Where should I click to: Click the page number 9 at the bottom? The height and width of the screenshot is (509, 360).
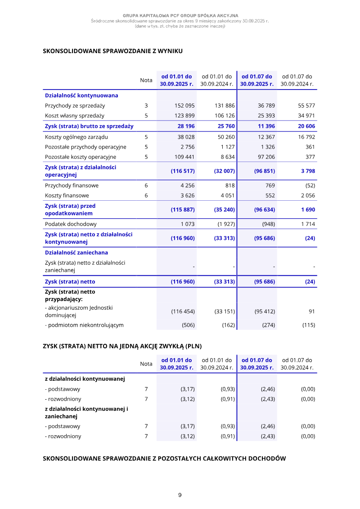[180, 495]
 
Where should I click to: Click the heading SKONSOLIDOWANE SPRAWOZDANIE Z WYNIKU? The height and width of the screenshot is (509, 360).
[112, 51]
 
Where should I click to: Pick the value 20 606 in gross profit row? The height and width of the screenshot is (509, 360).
[306, 126]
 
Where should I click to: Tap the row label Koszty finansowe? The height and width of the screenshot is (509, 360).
[67, 195]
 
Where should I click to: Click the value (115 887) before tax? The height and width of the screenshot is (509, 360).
[183, 210]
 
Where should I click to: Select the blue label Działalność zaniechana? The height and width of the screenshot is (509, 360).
[76, 252]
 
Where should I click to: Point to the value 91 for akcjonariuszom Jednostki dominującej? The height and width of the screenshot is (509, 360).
[311, 311]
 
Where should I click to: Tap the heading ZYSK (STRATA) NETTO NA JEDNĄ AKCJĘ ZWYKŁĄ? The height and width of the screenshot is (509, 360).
[122, 346]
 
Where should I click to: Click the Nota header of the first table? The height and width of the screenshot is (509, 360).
[146, 80]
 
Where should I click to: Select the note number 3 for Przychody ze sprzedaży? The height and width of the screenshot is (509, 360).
[146, 106]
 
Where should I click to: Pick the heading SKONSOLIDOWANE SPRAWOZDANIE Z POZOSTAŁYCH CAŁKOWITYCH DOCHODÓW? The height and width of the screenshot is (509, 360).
[164, 459]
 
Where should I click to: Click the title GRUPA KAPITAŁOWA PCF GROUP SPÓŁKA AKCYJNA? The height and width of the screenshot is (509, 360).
[180, 16]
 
